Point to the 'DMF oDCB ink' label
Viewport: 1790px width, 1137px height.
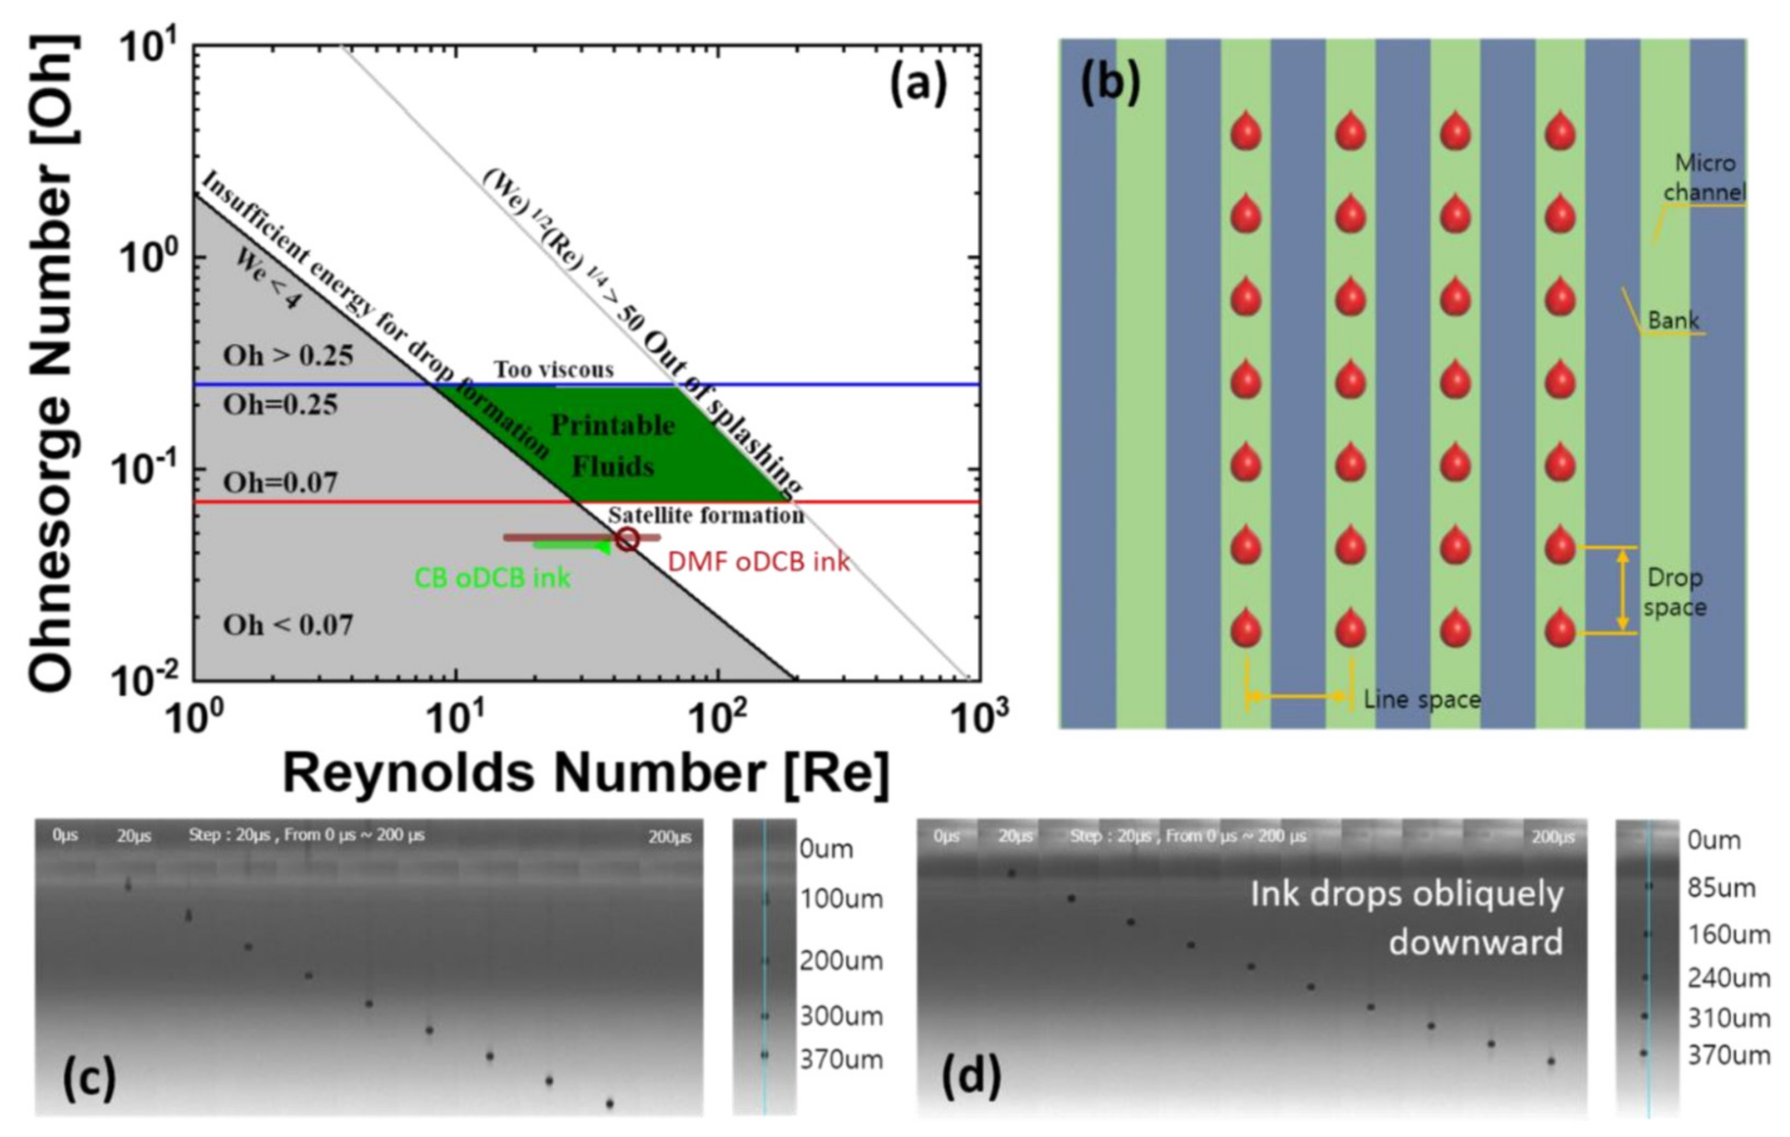758,561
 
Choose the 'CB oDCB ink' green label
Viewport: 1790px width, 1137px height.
492,578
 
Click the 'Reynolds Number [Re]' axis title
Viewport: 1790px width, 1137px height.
586,773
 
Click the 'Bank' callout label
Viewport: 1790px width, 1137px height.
1673,320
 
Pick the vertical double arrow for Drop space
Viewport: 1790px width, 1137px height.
1623,590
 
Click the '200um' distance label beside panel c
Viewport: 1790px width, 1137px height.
841,961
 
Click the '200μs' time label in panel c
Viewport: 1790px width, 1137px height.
669,837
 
